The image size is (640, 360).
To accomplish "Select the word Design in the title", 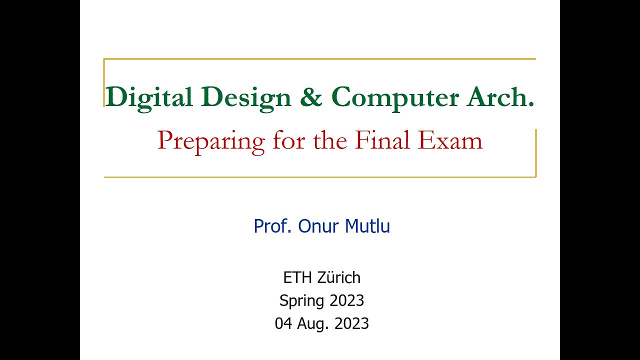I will [x=247, y=96].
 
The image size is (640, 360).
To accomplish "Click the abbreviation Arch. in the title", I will [x=500, y=96].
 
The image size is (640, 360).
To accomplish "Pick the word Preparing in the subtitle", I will [x=211, y=141].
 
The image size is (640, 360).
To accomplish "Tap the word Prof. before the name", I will [x=273, y=226].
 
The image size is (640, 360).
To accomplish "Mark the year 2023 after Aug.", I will [x=351, y=323].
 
